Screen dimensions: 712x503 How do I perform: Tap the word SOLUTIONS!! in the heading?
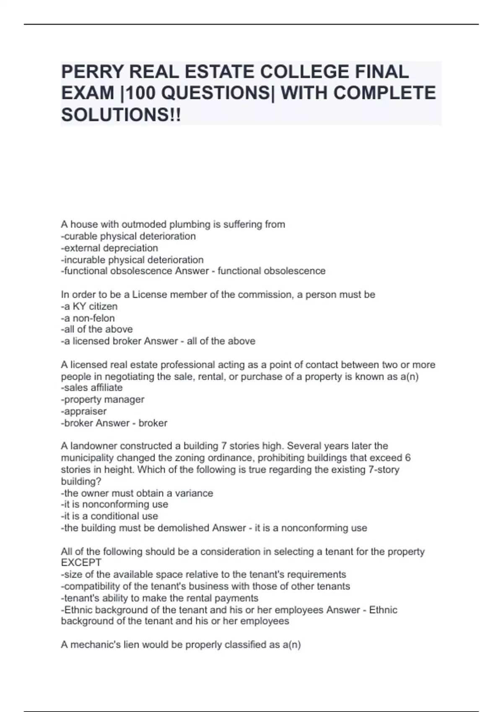(x=121, y=115)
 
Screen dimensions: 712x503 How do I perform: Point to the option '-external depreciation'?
(x=109, y=248)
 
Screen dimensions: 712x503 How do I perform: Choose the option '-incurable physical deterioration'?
(x=132, y=260)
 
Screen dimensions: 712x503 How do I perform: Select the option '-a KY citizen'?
(x=89, y=306)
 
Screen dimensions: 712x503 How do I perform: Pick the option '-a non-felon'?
(x=88, y=318)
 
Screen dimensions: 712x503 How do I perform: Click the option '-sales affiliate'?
(x=92, y=387)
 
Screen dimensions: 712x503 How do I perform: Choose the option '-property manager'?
(x=102, y=399)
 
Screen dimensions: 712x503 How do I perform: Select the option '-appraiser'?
(x=84, y=411)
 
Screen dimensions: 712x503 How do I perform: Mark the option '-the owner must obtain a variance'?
(x=137, y=493)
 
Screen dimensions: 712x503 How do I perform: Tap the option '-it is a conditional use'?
(x=109, y=516)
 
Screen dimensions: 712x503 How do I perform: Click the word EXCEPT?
(x=81, y=562)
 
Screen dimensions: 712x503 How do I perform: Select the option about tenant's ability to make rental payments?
(x=159, y=598)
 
